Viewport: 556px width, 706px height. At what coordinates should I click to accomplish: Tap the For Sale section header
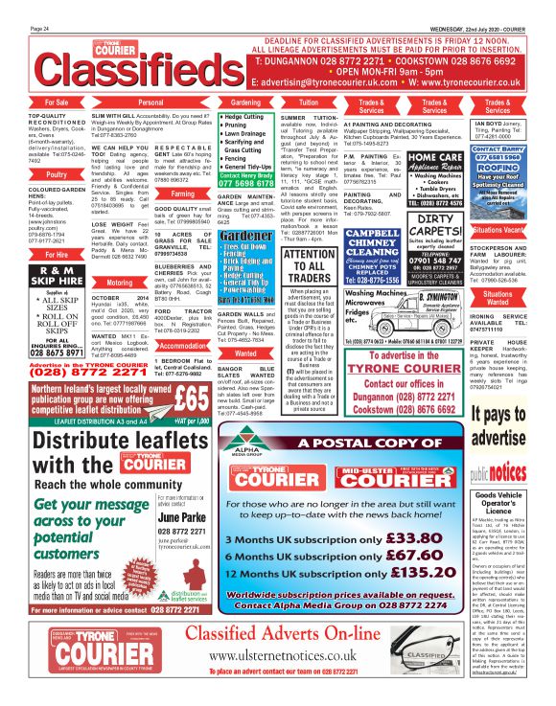(56, 101)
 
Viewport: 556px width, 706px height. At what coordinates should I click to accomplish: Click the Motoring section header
(121, 284)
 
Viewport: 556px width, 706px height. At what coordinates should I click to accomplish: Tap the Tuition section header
(309, 101)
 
